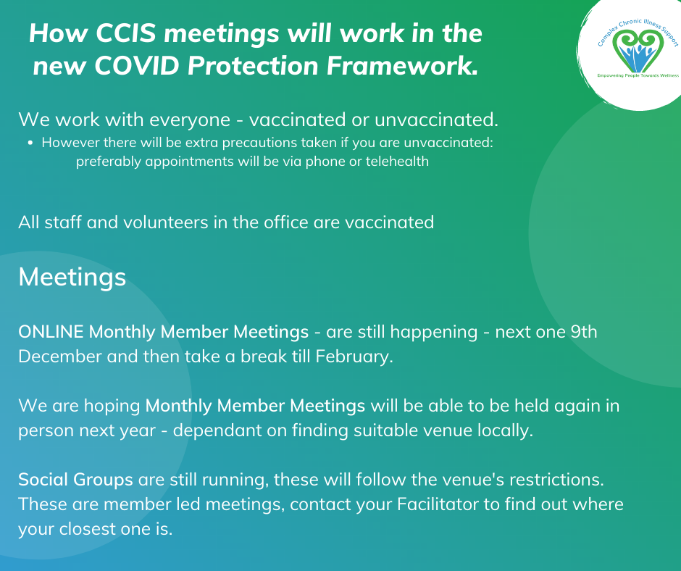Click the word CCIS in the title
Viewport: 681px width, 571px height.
[125, 33]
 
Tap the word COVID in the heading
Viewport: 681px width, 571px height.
[136, 66]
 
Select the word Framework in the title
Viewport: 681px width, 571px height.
[402, 66]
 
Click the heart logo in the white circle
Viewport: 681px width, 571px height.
[638, 51]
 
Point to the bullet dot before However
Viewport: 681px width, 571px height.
[30, 143]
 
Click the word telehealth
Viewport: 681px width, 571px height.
[397, 161]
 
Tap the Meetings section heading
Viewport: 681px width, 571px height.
[72, 278]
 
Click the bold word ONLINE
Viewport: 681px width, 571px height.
[51, 332]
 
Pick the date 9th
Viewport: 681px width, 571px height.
[584, 332]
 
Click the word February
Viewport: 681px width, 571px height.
[354, 357]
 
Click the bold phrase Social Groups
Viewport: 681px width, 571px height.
[75, 480]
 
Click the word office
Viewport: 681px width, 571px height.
[286, 222]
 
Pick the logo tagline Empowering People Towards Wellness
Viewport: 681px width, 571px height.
[638, 75]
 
